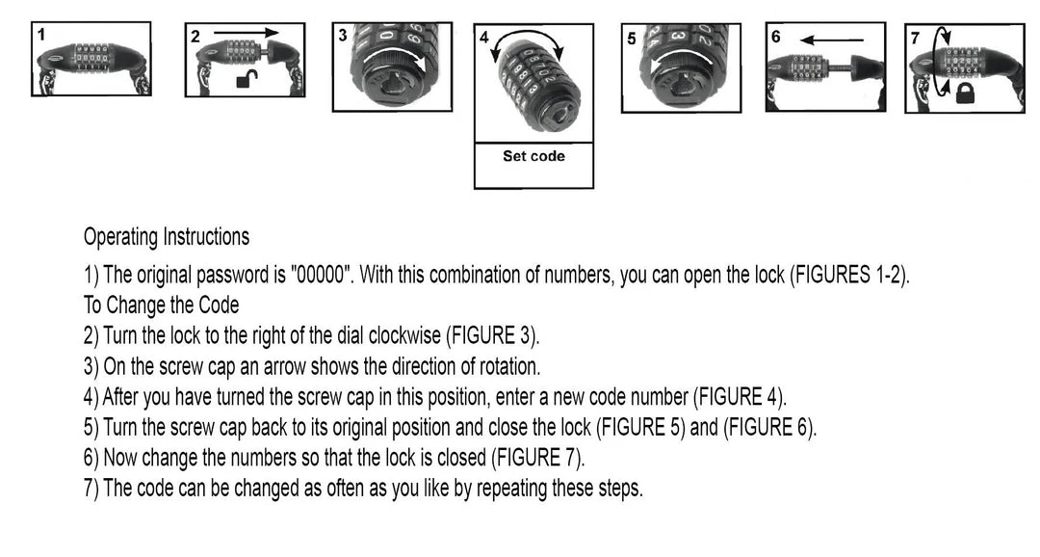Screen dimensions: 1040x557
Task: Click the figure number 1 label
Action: [41, 35]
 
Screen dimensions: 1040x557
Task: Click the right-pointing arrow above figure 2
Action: [247, 32]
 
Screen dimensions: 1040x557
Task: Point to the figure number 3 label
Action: [342, 35]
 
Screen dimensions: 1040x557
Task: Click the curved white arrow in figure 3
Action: [396, 54]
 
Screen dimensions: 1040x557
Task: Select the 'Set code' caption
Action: [533, 156]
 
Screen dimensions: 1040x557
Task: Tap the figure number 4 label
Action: [484, 38]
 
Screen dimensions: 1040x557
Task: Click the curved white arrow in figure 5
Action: [682, 60]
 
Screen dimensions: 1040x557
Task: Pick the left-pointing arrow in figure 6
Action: [831, 40]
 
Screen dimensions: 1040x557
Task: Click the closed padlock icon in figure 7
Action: [964, 93]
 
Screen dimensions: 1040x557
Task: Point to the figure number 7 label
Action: [916, 38]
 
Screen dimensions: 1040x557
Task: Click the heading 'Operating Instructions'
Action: [167, 237]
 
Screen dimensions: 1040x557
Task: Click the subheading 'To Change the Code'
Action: [161, 305]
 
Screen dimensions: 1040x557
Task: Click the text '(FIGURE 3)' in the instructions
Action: [492, 335]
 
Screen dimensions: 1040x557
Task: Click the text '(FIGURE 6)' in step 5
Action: [768, 427]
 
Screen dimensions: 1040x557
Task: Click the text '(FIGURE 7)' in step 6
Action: [537, 458]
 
